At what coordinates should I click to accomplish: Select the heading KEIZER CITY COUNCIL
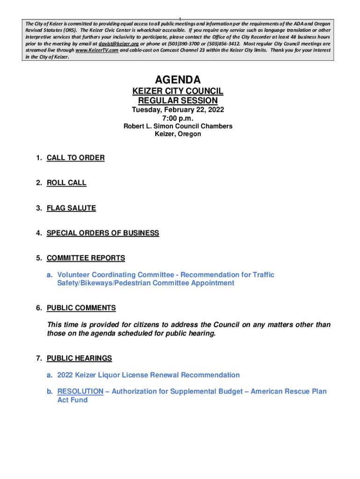coord(178,91)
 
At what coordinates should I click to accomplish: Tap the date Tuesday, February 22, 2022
coord(178,110)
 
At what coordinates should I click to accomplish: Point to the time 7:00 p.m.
coord(178,118)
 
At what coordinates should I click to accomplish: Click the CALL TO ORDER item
coord(76,158)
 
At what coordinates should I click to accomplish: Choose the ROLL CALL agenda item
coord(66,183)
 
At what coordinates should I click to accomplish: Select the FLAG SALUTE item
coord(71,208)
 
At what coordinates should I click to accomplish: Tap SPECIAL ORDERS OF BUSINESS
coord(103,233)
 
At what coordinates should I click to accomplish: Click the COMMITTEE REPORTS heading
coord(86,258)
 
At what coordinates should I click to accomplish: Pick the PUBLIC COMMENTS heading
coord(81,308)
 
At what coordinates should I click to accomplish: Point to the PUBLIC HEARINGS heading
coord(79,358)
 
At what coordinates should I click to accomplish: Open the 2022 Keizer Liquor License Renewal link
coord(148,375)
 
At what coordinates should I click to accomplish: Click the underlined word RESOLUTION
coord(80,391)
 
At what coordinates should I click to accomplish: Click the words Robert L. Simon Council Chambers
coord(178,126)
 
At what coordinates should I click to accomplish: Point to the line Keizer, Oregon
coord(178,134)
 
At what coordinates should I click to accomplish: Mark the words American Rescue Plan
coord(288,391)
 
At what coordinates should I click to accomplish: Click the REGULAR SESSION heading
coord(178,101)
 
